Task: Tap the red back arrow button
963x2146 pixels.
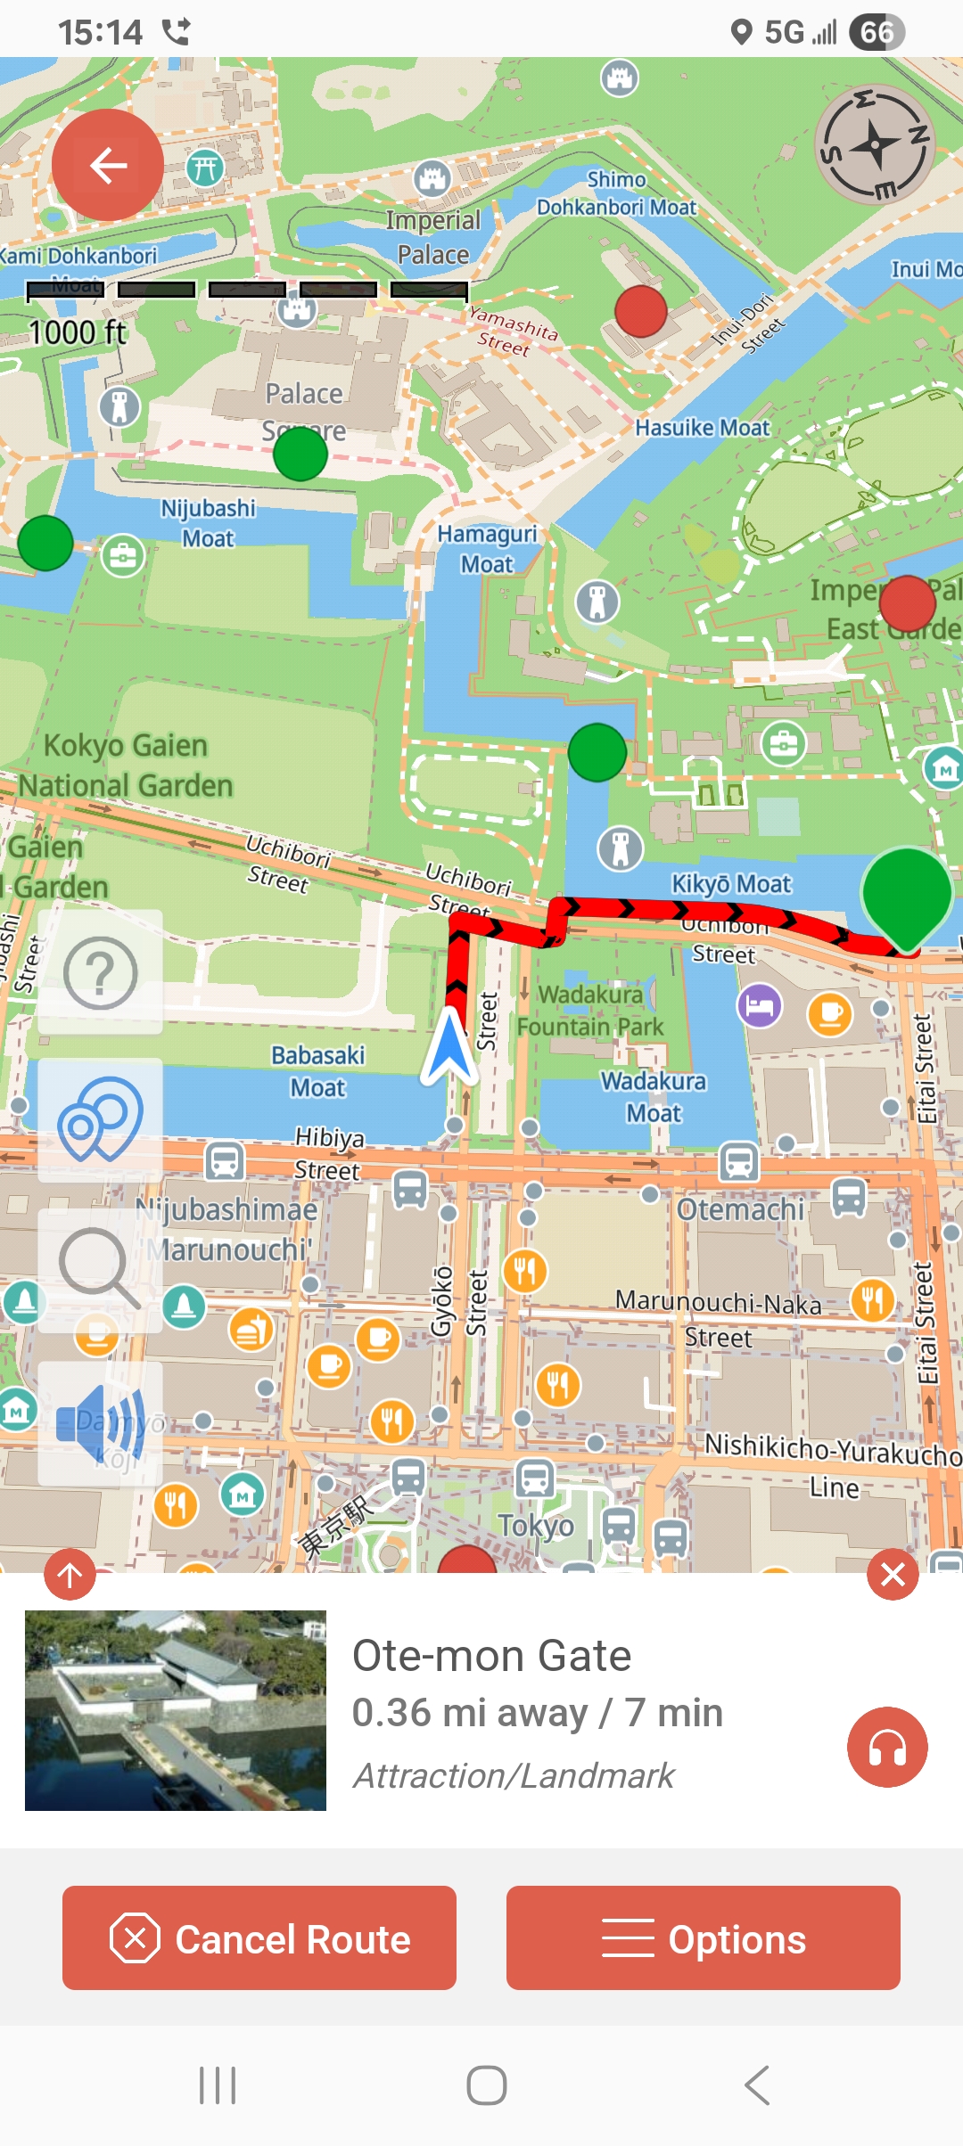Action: coord(108,165)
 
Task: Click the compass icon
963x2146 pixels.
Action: coord(875,145)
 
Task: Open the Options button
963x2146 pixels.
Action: coord(703,1937)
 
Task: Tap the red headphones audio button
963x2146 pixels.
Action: coord(887,1747)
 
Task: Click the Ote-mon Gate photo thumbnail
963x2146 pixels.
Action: coord(176,1710)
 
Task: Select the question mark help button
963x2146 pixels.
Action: coord(100,972)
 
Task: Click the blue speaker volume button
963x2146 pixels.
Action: coord(100,1423)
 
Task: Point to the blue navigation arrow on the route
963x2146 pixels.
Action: coord(450,1047)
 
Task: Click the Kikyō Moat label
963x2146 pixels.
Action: coord(731,884)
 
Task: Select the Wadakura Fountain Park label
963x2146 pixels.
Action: coord(590,1011)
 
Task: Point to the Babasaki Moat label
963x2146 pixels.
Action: coord(318,1071)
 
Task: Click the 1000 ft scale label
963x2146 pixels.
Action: coord(78,332)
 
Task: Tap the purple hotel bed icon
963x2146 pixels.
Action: coord(759,1006)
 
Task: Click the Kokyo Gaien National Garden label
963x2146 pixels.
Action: coord(126,766)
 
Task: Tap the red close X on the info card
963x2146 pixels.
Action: coord(893,1575)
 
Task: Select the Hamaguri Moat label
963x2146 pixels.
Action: coord(487,549)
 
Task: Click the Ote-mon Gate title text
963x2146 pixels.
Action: coord(491,1656)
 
